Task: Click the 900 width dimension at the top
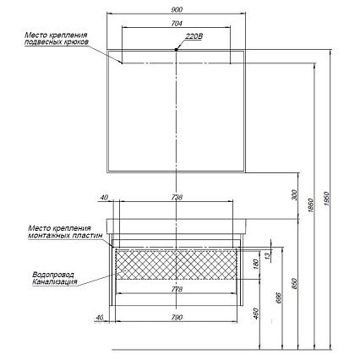pyautogui.click(x=177, y=10)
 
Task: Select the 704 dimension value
pyautogui.click(x=177, y=24)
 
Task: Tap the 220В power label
pyautogui.click(x=194, y=36)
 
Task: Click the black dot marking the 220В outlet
pyautogui.click(x=176, y=50)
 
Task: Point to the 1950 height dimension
pyautogui.click(x=327, y=199)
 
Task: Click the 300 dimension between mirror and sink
pyautogui.click(x=295, y=195)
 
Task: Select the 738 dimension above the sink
pyautogui.click(x=177, y=198)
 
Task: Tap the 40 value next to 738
pyautogui.click(x=104, y=198)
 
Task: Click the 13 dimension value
pyautogui.click(x=268, y=256)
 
